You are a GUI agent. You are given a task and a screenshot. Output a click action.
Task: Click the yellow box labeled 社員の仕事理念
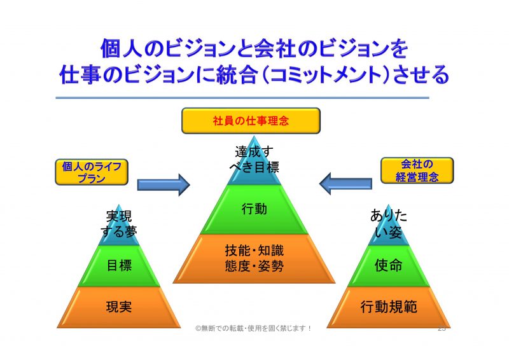pos(250,121)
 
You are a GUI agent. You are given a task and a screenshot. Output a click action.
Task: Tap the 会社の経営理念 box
pos(417,170)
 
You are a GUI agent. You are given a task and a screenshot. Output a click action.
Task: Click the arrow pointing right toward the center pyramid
pos(164,184)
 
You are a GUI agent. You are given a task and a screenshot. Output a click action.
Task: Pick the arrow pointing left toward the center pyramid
pos(345,184)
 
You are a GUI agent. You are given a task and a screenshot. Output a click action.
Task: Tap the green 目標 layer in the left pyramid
pos(119,266)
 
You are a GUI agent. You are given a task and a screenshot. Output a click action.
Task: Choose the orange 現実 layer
pos(119,307)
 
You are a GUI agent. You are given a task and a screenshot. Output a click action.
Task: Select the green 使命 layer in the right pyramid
pos(389,266)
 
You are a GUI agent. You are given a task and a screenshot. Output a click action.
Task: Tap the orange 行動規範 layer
pos(389,307)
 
